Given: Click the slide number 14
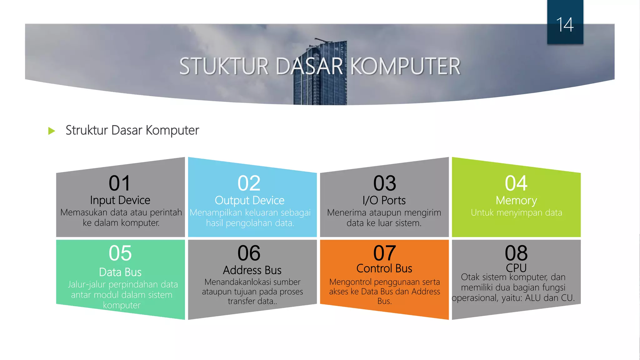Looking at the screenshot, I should coord(565,25).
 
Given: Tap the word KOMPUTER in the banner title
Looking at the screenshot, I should coord(405,67).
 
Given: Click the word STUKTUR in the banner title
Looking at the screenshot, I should coord(224,67).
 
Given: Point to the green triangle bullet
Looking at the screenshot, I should coord(52,131).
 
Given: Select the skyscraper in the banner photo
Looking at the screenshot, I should coord(320,75).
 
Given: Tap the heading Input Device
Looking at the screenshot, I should coord(120,200).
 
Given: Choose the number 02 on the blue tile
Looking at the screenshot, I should coord(249,183).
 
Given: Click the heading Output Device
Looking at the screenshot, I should coord(249,200).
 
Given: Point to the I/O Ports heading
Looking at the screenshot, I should coord(384,200).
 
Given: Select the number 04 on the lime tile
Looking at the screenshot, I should coord(516,183).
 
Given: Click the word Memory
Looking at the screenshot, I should coord(516,200).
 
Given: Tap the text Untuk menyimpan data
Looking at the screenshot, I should coord(516,213).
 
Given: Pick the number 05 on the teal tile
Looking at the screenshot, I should coord(120,253).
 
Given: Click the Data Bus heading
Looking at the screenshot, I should coord(120,272).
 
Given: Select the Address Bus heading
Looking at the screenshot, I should coord(252,270).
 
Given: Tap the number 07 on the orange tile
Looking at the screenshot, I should coord(384,253).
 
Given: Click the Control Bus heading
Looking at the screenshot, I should coord(384,268).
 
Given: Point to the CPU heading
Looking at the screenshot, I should coord(516,268).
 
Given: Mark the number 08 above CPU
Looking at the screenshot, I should coord(516,253).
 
